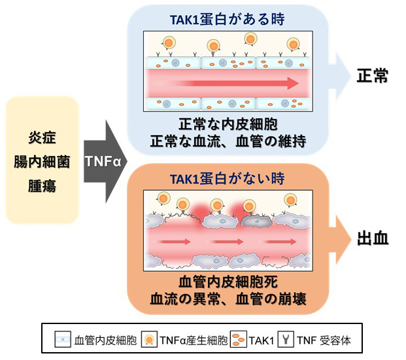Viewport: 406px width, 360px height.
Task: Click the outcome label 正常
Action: click(x=373, y=76)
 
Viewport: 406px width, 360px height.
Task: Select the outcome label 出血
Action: click(x=373, y=238)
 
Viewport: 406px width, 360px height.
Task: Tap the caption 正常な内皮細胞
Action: click(x=226, y=123)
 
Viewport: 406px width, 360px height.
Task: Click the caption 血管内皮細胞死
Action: click(x=226, y=284)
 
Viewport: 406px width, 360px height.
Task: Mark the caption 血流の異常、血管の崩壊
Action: click(x=226, y=300)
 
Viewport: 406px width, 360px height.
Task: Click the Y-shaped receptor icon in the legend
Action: click(x=286, y=339)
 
